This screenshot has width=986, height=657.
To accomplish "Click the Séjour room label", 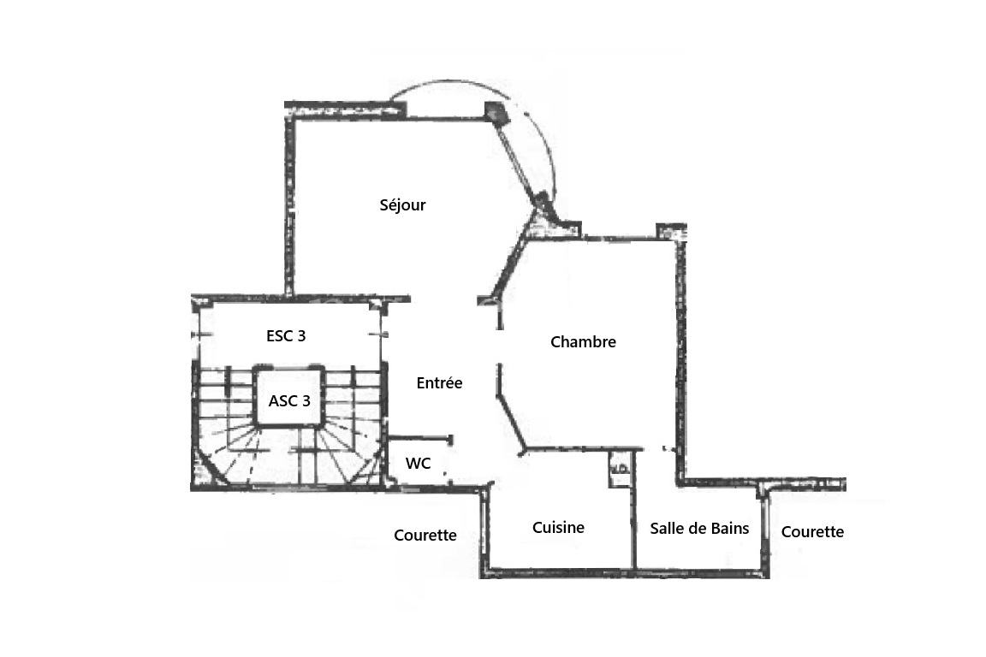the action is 402,205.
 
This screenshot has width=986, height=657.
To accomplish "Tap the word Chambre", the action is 583,342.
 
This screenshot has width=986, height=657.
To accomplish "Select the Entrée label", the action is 439,383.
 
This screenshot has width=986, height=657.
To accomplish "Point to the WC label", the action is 419,464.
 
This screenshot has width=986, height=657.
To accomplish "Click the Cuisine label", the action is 558,528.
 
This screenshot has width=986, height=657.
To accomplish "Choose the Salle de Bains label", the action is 699,528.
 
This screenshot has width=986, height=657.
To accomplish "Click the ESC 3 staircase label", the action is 286,335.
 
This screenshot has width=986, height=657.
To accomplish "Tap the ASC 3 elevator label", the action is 289,400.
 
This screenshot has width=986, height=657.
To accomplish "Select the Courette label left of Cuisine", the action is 425,535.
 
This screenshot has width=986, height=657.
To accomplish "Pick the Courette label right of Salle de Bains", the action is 812,532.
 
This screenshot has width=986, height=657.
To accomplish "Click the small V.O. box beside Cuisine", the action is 620,470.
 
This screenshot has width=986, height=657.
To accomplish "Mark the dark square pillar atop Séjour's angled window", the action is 496,112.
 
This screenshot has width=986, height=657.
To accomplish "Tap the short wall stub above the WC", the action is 420,438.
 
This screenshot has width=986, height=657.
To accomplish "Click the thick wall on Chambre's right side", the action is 680,358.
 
